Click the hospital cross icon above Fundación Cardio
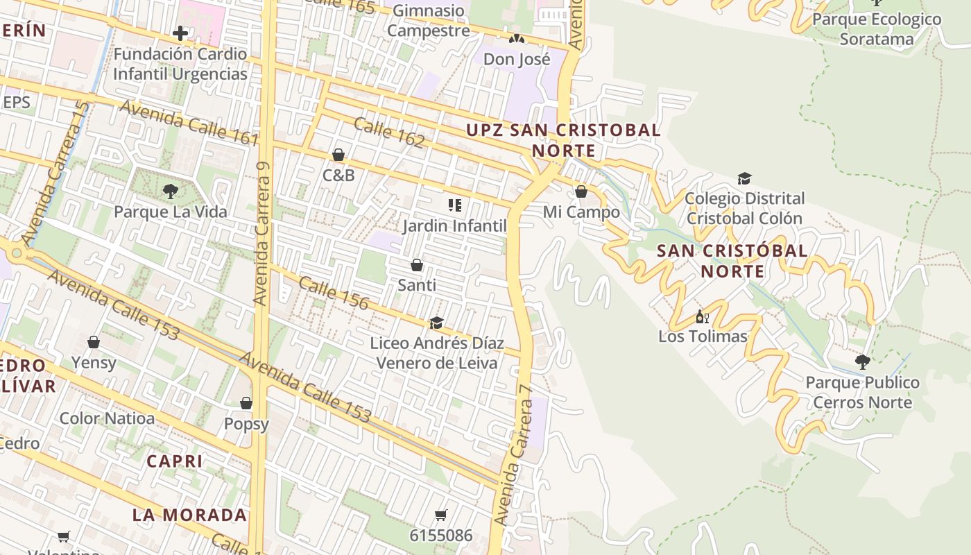(180, 33)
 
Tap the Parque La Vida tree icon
(170, 191)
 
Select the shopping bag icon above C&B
(338, 155)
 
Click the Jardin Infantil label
(455, 226)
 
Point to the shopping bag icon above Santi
(417, 265)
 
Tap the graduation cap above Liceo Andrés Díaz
(436, 323)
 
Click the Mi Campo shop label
(581, 212)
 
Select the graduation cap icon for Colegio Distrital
(744, 179)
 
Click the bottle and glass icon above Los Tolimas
(702, 316)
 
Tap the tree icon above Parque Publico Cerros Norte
(862, 361)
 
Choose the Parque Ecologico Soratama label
(877, 29)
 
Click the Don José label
(517, 60)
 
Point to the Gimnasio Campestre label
(428, 21)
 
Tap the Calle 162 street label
(388, 133)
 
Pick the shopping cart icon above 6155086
(440, 515)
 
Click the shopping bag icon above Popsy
(246, 403)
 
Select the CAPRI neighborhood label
(175, 461)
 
